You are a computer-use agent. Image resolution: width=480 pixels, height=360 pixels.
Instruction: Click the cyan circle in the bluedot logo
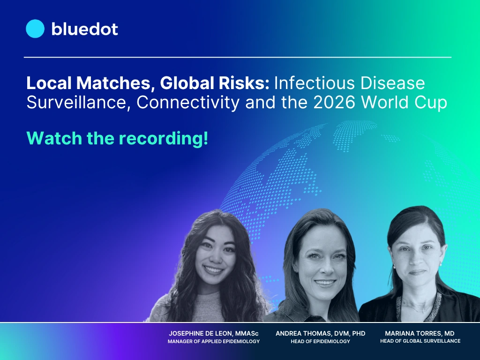[35, 29]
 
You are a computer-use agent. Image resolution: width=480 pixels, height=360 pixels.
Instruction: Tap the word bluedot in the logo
[84, 29]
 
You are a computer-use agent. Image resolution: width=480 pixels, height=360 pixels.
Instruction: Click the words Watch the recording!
[117, 138]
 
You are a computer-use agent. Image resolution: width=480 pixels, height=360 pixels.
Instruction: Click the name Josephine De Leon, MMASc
[214, 333]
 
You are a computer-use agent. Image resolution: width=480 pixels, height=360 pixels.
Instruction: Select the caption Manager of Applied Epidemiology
[214, 341]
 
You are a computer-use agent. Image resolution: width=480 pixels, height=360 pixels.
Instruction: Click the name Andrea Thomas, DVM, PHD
[320, 333]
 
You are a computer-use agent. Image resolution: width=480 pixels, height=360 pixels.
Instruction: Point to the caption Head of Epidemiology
[320, 341]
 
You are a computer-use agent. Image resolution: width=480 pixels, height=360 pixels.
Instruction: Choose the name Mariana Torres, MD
[420, 333]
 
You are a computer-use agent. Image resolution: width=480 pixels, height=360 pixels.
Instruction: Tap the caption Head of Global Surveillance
[420, 341]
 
